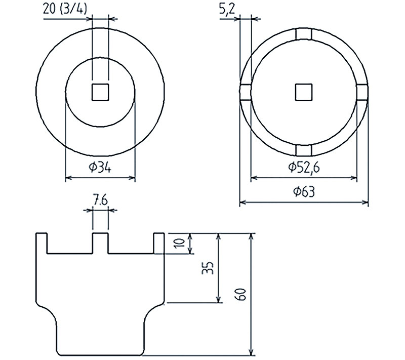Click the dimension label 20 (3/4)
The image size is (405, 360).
pyautogui.click(x=65, y=10)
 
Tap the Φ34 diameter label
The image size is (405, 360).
pyautogui.click(x=100, y=168)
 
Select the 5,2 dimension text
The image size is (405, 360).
pyautogui.click(x=227, y=10)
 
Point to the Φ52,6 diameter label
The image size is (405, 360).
pyautogui.click(x=304, y=167)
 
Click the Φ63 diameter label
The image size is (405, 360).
pyautogui.click(x=304, y=191)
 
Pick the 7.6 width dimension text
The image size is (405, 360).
pyautogui.click(x=100, y=201)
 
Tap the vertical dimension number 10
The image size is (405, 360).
pyautogui.click(x=180, y=243)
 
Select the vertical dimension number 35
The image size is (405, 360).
pyautogui.click(x=208, y=268)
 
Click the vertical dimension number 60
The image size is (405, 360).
pyautogui.click(x=240, y=294)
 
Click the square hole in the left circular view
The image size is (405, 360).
pyautogui.click(x=100, y=92)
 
